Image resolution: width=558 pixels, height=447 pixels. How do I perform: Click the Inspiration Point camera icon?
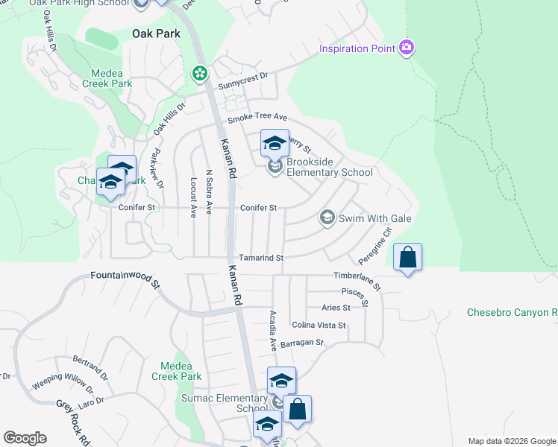[407, 48]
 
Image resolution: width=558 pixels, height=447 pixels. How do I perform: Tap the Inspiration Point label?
[356, 49]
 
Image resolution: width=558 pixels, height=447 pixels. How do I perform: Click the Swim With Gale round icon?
[326, 218]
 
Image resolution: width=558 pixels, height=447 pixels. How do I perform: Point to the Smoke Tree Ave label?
[257, 118]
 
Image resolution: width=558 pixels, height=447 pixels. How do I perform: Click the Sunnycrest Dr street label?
[242, 80]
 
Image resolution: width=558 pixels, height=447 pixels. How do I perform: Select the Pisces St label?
[354, 296]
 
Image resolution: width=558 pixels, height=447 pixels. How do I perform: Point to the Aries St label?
[336, 308]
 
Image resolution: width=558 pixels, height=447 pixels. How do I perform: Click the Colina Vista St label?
[319, 326]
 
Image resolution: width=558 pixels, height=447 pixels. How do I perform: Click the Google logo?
[25, 438]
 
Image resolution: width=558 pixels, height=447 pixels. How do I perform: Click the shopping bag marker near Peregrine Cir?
[407, 258]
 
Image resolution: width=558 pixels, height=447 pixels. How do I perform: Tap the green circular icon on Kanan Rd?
[199, 73]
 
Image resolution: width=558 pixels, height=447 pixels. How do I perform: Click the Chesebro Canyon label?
[512, 312]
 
